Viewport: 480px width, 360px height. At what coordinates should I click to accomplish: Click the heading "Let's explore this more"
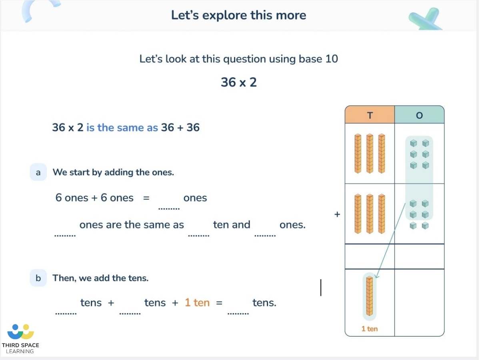[238, 15]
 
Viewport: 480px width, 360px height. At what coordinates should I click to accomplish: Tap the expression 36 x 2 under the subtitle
[238, 82]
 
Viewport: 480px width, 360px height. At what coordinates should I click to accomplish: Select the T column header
[370, 115]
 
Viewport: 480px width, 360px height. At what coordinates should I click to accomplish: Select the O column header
[419, 115]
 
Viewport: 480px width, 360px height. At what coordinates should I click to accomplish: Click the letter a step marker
[38, 172]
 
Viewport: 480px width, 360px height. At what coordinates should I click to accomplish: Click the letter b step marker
[38, 278]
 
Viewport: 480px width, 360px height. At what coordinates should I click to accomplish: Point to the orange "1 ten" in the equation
[197, 303]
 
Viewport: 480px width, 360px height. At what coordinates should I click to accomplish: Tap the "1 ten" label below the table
[369, 329]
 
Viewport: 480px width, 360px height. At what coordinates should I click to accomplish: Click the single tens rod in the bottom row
[370, 296]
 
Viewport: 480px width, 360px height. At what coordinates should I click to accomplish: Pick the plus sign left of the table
[337, 214]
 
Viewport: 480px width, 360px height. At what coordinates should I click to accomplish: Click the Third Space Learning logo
[21, 338]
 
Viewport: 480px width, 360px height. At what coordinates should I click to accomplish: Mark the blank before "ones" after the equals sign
[169, 204]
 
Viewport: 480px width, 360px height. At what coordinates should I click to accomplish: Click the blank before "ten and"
[198, 231]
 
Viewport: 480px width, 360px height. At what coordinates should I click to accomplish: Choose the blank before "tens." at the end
[238, 309]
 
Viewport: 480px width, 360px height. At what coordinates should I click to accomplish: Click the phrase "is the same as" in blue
[122, 128]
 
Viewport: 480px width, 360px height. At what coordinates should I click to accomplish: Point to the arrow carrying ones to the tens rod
[390, 240]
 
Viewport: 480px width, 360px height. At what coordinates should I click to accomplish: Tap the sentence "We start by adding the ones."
[113, 172]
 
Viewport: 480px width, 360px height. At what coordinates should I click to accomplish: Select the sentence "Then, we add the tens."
[100, 278]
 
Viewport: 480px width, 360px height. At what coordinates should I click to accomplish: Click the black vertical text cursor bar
[321, 288]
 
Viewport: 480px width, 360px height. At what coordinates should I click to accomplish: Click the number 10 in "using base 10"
[332, 59]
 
